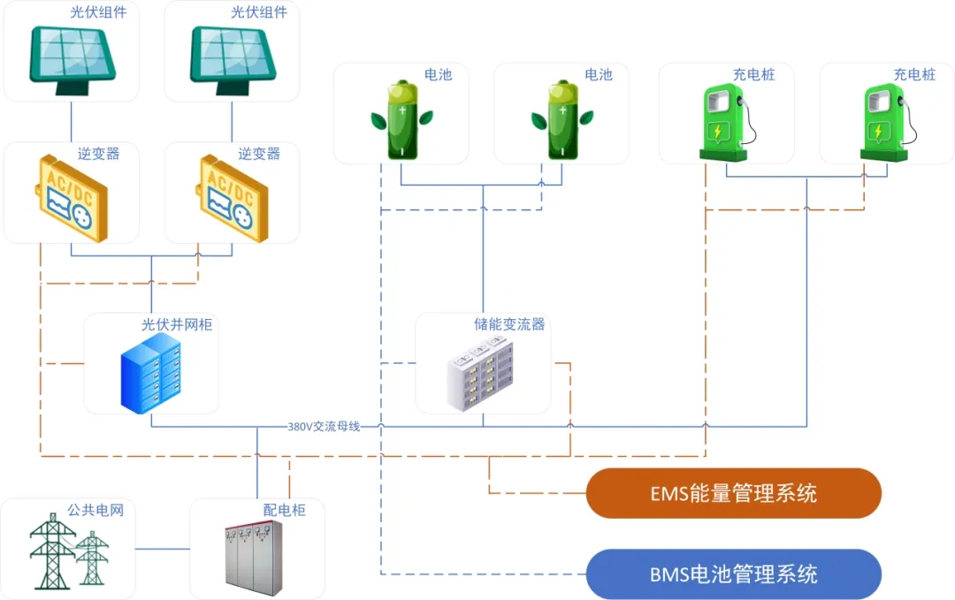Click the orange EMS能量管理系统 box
[734, 493]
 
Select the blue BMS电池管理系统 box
[734, 574]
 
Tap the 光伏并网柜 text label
[177, 325]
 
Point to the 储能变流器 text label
[509, 325]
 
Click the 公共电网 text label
[95, 511]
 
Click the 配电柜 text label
[284, 511]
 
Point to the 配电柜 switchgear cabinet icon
[254, 556]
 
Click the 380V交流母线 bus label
[324, 427]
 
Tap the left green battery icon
[402, 120]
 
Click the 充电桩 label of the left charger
[754, 75]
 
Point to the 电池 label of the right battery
[599, 75]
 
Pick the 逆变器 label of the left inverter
[98, 154]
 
